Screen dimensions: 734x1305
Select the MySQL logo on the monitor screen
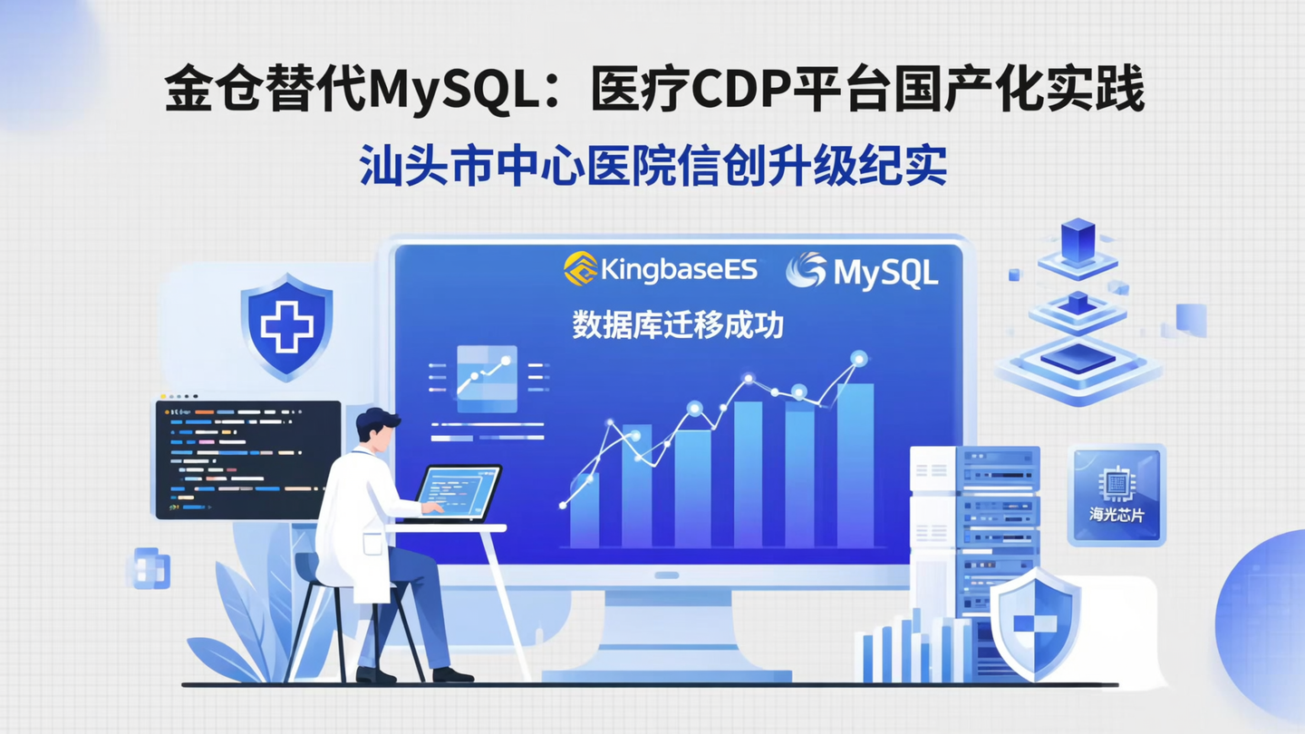tap(862, 271)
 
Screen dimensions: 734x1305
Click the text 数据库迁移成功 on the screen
tap(678, 325)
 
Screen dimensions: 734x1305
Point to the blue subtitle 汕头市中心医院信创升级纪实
tap(653, 167)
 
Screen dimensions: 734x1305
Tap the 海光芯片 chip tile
tap(1116, 495)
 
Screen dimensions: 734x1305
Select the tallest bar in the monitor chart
tap(855, 466)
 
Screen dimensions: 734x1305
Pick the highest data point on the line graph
tap(858, 359)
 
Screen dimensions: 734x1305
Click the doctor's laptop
tap(460, 493)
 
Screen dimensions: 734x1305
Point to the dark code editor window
tap(247, 460)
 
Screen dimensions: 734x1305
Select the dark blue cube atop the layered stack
tap(1078, 239)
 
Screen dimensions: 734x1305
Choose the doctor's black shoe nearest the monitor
tap(452, 674)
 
